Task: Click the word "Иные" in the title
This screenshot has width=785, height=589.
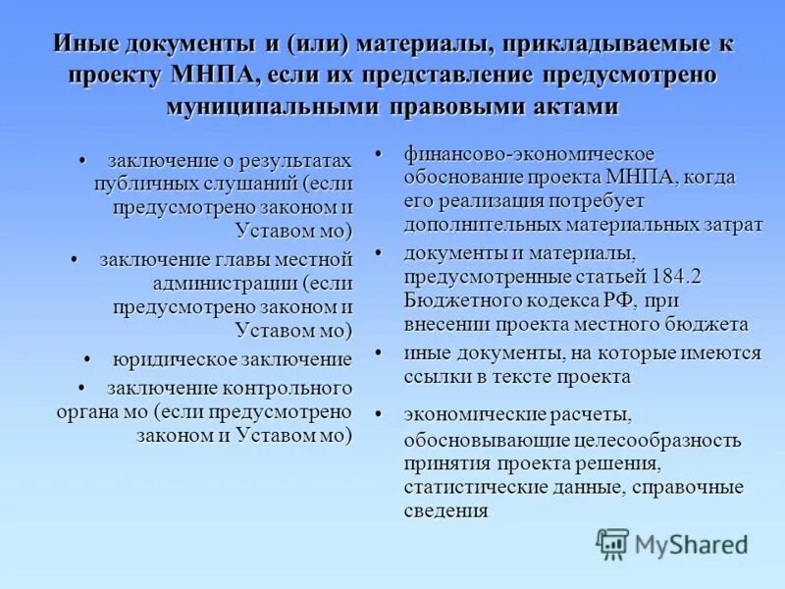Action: click(x=83, y=44)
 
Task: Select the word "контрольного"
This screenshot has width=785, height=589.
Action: click(x=288, y=387)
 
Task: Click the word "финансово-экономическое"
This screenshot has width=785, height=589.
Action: click(x=529, y=155)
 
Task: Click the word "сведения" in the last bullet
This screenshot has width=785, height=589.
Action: click(x=445, y=510)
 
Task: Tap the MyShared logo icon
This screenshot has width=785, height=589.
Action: click(x=613, y=543)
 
